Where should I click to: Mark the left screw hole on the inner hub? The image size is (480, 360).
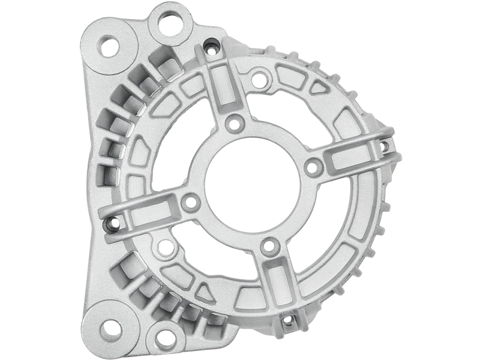[x=191, y=202]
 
